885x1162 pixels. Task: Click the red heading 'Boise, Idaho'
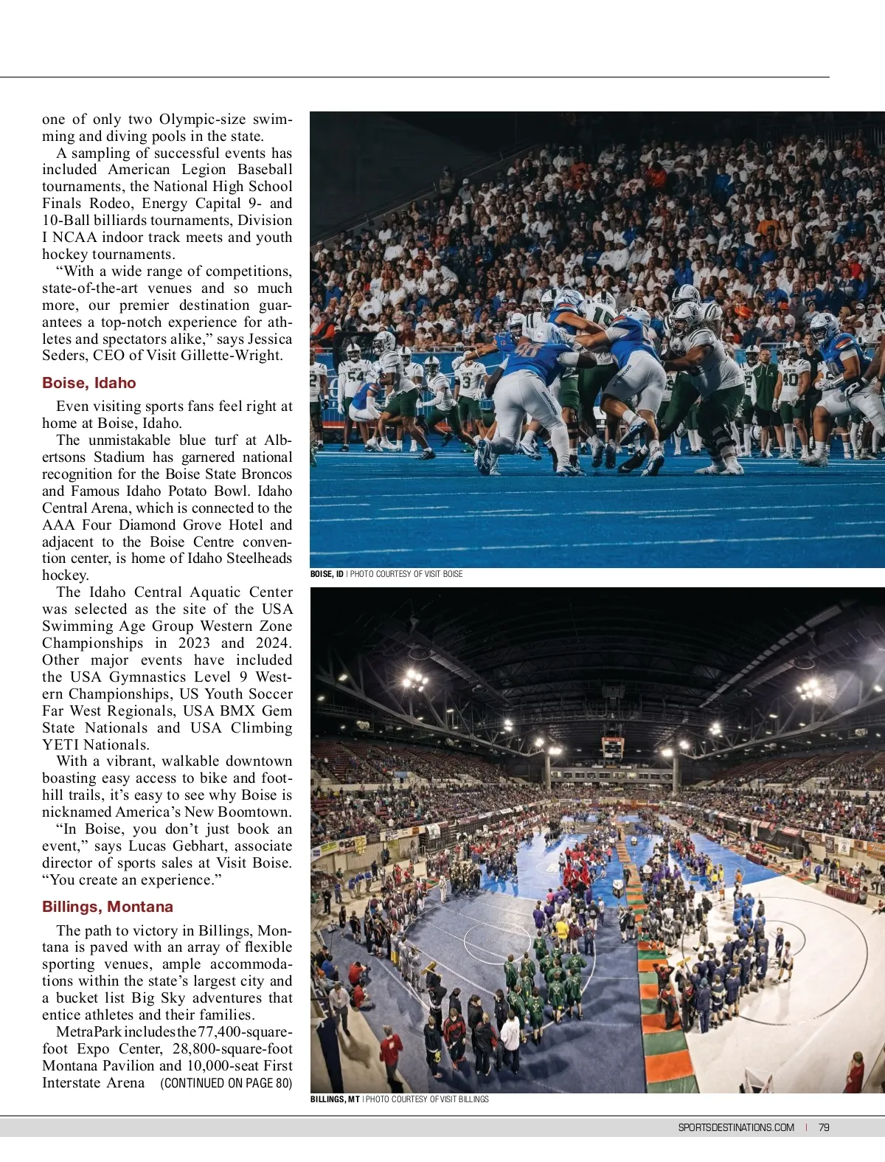(x=89, y=383)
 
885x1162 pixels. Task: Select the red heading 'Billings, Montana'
(x=108, y=907)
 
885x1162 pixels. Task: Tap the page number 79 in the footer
(x=824, y=1127)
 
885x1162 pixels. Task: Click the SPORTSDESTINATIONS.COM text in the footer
(x=736, y=1127)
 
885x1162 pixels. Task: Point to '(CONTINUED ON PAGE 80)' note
(x=226, y=1083)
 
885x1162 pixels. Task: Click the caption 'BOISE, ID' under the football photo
(x=327, y=574)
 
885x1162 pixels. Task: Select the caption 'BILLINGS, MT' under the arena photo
(x=335, y=1099)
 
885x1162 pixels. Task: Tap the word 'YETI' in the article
(x=60, y=745)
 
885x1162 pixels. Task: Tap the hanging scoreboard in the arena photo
(x=612, y=747)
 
